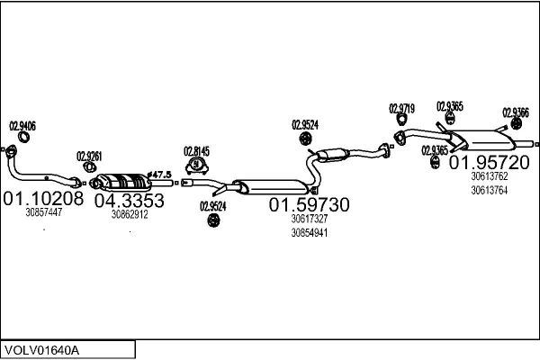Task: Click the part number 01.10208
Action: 43,198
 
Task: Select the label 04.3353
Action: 130,200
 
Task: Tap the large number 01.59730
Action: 310,205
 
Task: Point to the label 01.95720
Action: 489,163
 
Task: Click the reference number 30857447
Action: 44,213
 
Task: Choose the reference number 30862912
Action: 130,214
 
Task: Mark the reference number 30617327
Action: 309,219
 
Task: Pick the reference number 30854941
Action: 309,233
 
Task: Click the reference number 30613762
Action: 489,176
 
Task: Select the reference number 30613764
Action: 489,190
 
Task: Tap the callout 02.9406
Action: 22,126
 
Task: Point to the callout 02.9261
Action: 89,155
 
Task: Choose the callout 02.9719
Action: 401,109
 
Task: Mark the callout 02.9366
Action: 515,112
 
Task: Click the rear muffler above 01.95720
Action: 487,142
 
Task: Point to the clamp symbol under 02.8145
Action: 196,166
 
